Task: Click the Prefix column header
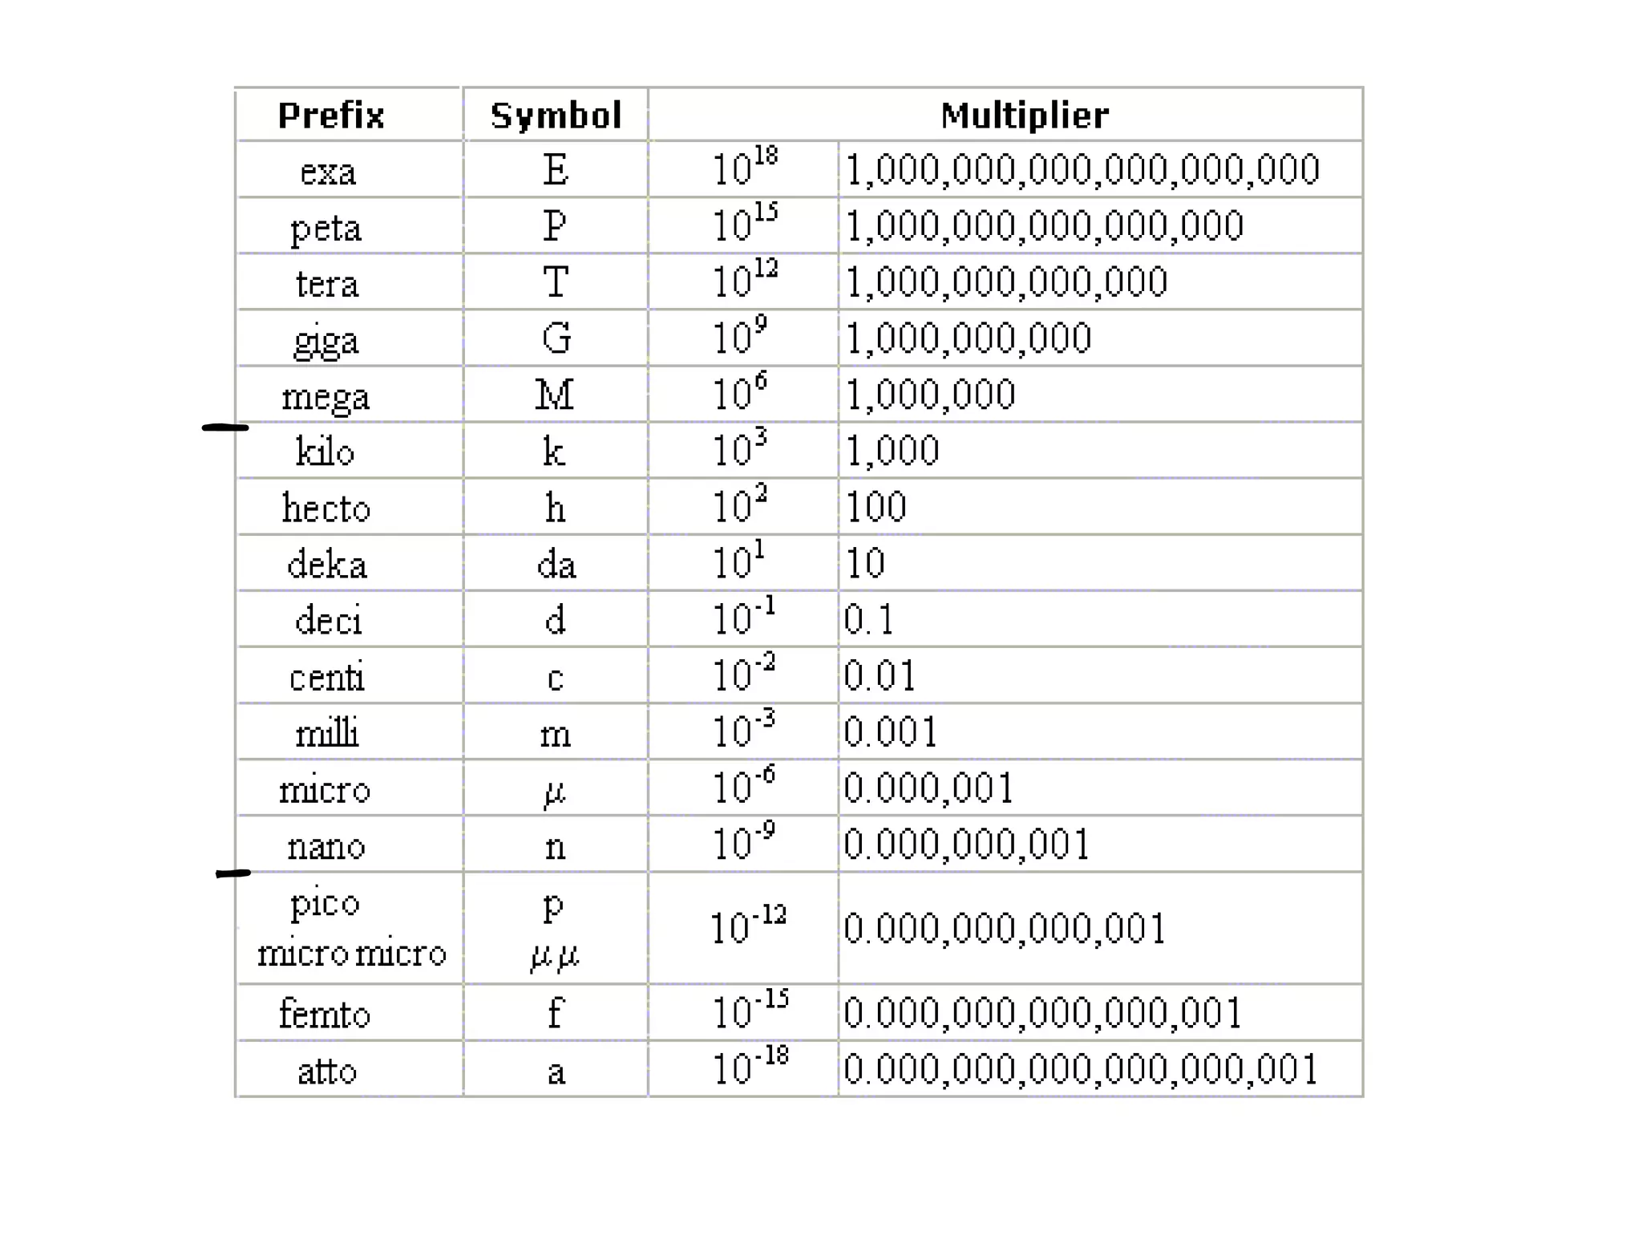[x=331, y=115]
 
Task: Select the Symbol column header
[x=556, y=115]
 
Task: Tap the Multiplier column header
[x=1025, y=115]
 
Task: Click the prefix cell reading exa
[x=327, y=171]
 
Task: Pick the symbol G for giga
[x=556, y=338]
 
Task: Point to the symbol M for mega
[x=555, y=395]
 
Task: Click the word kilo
[x=325, y=451]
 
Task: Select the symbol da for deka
[x=556, y=564]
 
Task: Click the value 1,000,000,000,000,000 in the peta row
[x=1044, y=225]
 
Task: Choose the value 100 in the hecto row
[x=876, y=507]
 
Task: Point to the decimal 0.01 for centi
[x=880, y=675]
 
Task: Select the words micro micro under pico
[x=351, y=953]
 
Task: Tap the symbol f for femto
[x=555, y=1012]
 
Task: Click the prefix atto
[x=327, y=1071]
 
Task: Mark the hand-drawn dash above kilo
[x=225, y=427]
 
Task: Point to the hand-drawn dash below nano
[x=233, y=873]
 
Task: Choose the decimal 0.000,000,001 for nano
[x=966, y=844]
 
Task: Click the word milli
[x=327, y=732]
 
